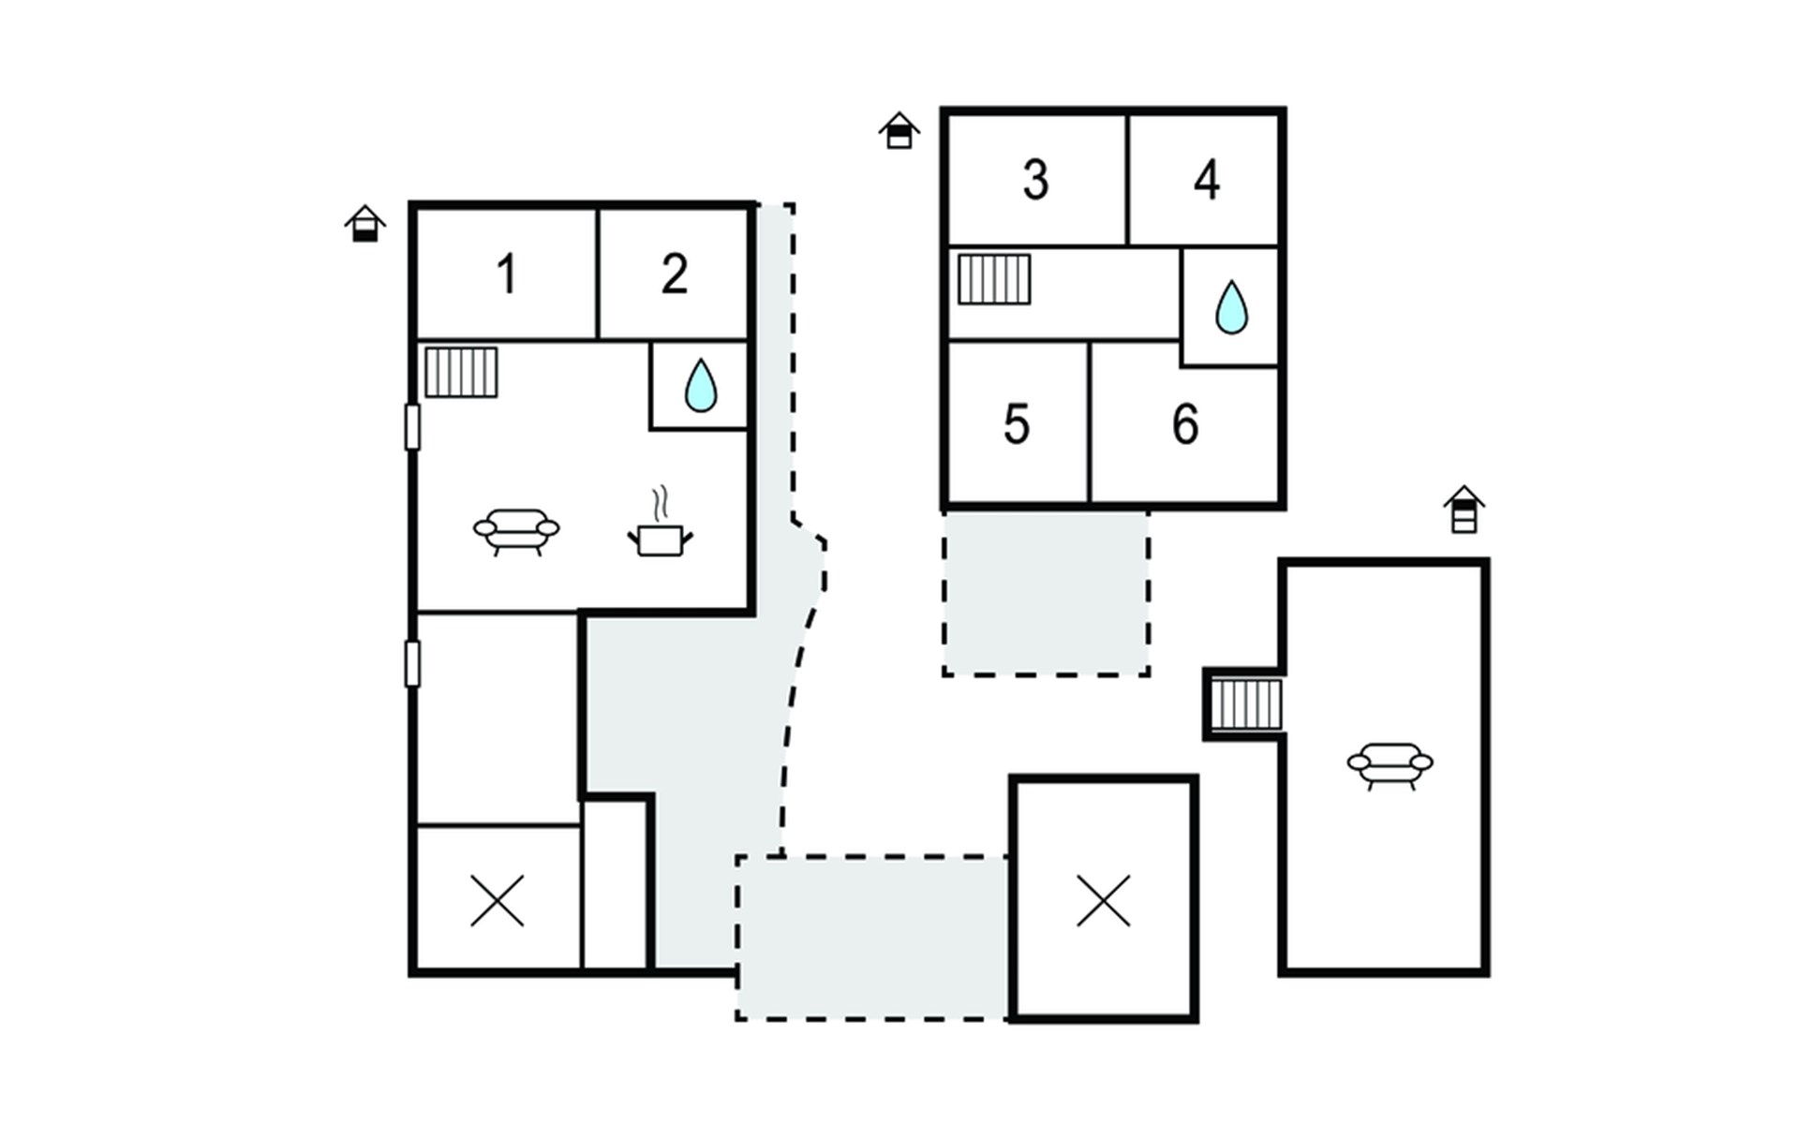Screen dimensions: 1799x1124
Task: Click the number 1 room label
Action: click(507, 274)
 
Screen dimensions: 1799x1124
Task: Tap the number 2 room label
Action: click(675, 274)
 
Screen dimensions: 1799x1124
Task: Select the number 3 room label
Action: click(1035, 180)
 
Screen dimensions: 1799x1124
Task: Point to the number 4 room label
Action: click(1207, 180)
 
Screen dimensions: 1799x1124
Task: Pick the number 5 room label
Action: click(1017, 424)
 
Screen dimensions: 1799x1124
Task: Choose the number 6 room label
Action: click(1185, 424)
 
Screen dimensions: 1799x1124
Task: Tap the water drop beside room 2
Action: click(701, 385)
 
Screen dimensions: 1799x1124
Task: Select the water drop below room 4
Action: click(1231, 307)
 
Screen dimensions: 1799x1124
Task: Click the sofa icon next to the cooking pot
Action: click(516, 532)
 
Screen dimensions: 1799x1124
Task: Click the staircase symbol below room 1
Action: click(461, 373)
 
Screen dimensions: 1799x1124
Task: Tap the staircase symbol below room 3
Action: click(994, 280)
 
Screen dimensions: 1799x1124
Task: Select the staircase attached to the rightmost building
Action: click(1246, 704)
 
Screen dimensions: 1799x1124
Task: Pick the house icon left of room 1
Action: click(364, 224)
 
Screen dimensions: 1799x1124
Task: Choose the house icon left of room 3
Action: click(899, 130)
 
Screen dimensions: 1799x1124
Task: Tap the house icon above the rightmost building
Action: click(1464, 510)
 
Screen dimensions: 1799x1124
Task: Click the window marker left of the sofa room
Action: click(412, 426)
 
